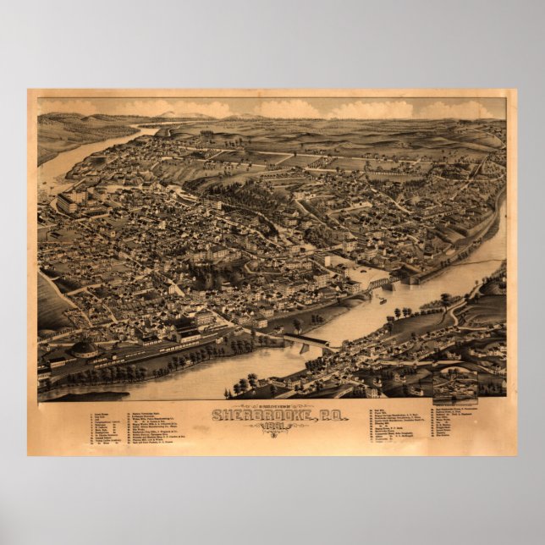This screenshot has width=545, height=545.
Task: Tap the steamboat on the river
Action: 382,300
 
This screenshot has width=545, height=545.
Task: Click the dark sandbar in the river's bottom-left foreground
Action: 80,395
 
